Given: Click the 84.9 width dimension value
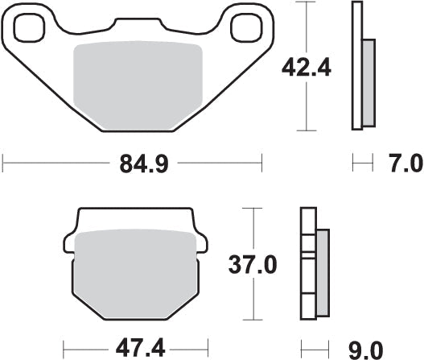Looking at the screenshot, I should coord(132,167).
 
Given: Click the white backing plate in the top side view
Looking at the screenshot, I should coord(356,64).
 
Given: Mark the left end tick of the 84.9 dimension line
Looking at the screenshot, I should coord(3,166).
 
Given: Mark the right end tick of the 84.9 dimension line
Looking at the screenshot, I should coord(262,166).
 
